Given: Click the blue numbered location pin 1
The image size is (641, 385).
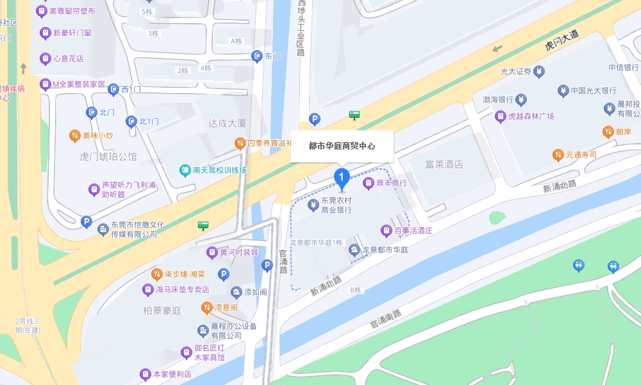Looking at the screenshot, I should point(343,176).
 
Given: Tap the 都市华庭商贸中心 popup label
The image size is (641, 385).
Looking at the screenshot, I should point(342,146).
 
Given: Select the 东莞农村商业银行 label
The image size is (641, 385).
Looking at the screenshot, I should point(337,205).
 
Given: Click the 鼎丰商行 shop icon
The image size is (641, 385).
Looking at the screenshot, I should point(368,184).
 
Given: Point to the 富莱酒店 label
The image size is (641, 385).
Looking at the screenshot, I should point(444,165).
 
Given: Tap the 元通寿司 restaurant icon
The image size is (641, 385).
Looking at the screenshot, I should point(558,155).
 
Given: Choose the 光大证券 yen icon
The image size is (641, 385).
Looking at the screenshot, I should point(540,71).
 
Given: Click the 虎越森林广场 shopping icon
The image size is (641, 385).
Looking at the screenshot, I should point(500,116).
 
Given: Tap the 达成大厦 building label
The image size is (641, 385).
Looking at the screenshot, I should point(228,123).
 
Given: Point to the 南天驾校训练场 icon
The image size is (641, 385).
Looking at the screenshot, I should point(185,171).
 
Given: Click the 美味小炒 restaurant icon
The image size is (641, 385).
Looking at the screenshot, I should point(75,136).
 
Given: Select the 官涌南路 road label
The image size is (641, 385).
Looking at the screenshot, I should point(385,319).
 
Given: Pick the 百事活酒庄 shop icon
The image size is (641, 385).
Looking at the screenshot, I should point(386,230).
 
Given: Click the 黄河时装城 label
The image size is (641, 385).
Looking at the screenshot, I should point(239,252).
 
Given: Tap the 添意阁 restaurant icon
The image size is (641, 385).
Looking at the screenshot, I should point(206,308).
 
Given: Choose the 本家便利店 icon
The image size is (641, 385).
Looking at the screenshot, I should point(146,374).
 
